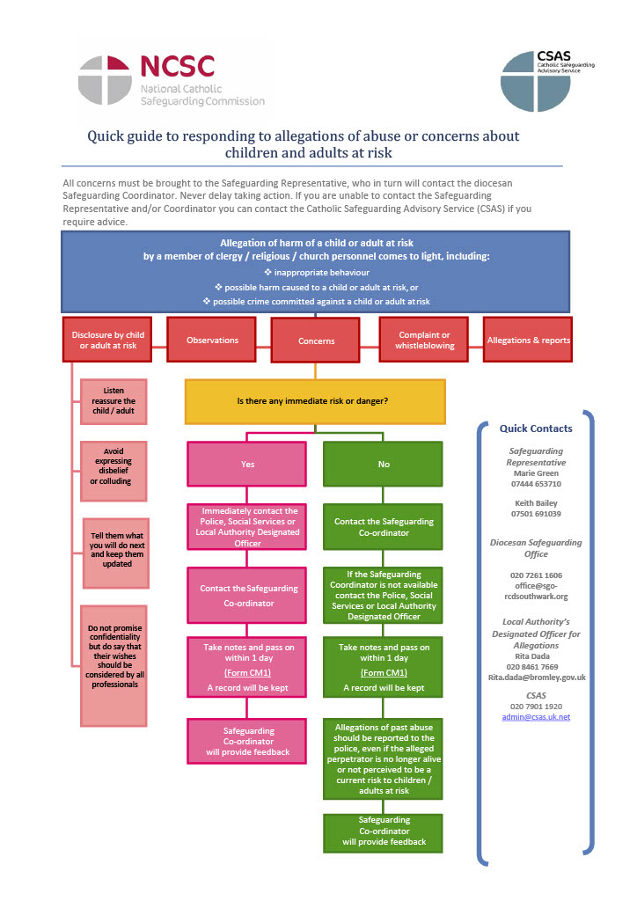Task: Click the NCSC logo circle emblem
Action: (x=105, y=80)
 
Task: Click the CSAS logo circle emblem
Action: (x=529, y=81)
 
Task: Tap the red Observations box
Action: (x=212, y=341)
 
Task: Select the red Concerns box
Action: (x=316, y=341)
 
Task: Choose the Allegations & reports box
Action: (x=528, y=341)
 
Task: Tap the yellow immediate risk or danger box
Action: (x=314, y=401)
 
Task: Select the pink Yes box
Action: (x=247, y=464)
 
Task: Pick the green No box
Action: (x=383, y=464)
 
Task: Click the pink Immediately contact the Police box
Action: (x=247, y=527)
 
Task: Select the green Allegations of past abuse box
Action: (x=383, y=759)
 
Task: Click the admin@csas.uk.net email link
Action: (x=536, y=717)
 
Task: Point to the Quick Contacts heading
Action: (x=536, y=429)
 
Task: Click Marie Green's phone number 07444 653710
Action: (x=536, y=484)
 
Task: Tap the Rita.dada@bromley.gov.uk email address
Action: (x=536, y=678)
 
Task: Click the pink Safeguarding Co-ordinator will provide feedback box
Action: (x=247, y=741)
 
